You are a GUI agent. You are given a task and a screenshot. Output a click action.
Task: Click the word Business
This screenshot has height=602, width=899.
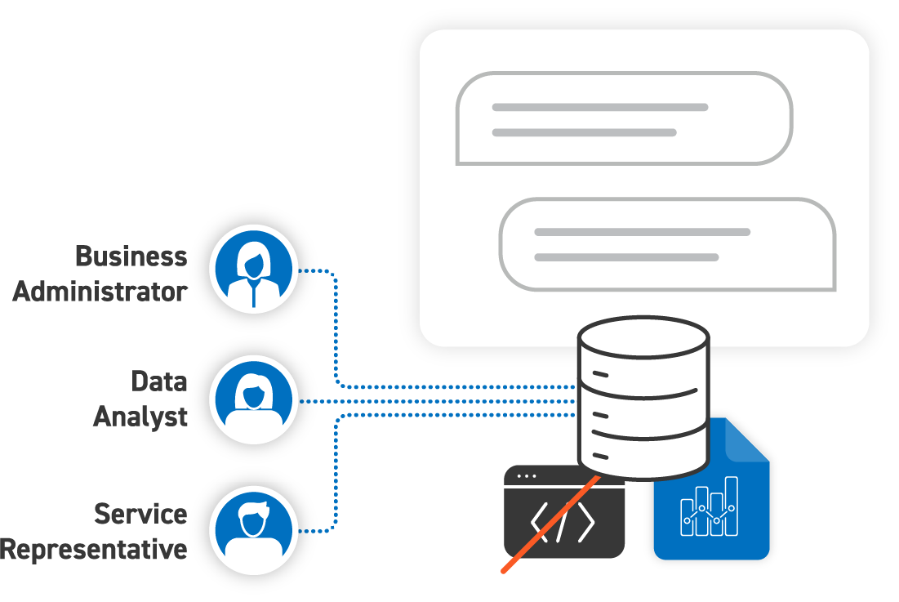tap(131, 256)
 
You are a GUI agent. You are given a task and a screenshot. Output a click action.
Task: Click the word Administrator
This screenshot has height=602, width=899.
tap(100, 292)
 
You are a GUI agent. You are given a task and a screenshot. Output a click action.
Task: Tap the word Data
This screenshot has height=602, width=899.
tap(159, 381)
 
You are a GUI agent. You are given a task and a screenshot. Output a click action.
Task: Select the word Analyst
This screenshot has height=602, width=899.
tap(140, 417)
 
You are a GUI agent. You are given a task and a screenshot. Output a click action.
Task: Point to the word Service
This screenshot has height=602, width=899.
tap(140, 514)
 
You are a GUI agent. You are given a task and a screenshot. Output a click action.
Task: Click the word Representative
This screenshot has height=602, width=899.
tap(94, 549)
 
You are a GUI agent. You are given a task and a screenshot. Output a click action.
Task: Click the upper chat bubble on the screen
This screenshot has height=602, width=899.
tap(624, 118)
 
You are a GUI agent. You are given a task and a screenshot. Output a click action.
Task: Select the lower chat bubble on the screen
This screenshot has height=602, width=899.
tap(666, 243)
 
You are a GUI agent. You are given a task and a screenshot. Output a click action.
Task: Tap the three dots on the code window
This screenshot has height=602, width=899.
tap(527, 475)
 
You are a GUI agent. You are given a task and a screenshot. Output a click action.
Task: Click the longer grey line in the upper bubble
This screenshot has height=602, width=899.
tap(599, 107)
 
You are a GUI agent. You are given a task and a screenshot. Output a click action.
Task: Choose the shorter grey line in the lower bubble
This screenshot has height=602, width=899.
tap(626, 257)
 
